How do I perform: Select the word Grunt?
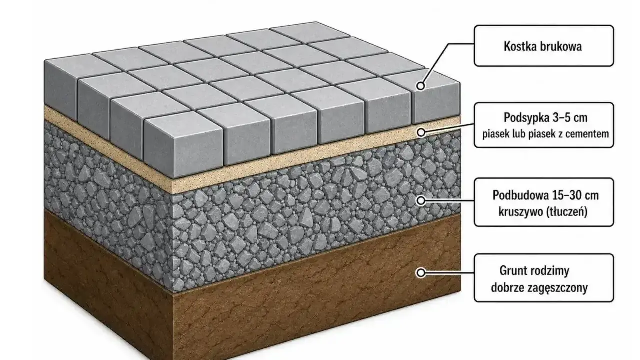click(x=512, y=271)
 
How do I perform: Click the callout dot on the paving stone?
click(x=420, y=86)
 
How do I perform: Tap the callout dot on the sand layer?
click(x=421, y=132)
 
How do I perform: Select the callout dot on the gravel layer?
click(x=421, y=201)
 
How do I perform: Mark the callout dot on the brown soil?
click(x=420, y=273)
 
